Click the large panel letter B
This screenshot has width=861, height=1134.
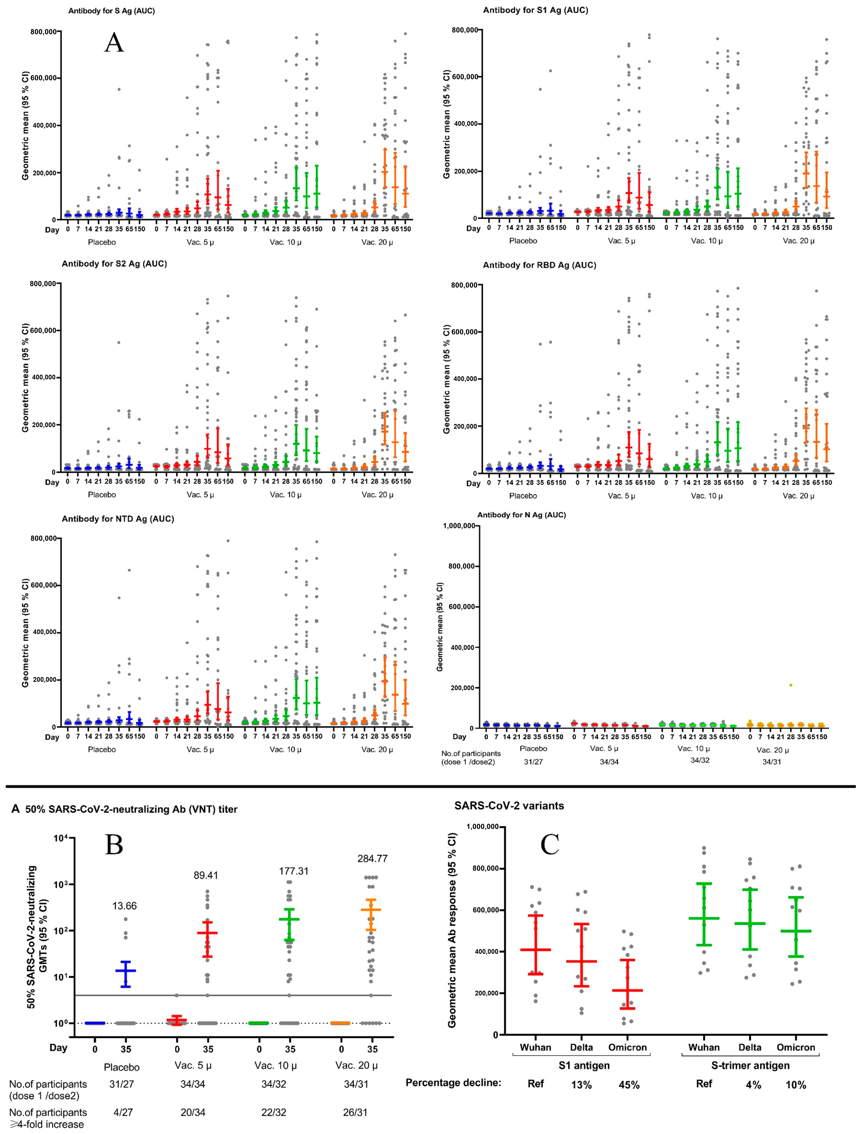click(114, 844)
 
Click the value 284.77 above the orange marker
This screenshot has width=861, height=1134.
click(372, 858)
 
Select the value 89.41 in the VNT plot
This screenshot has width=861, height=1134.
click(206, 875)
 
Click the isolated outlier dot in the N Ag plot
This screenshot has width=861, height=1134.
click(791, 685)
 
